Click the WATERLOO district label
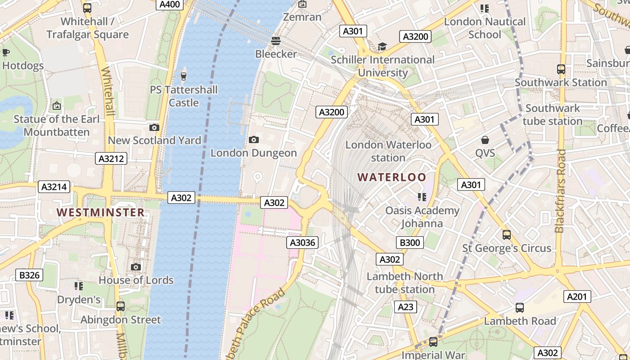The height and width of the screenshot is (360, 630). [x=391, y=177]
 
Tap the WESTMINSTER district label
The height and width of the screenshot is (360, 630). [x=100, y=212]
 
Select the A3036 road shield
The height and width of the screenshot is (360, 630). [x=303, y=243]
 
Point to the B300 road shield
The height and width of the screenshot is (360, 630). [x=410, y=243]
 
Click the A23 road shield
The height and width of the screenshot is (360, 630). [x=405, y=307]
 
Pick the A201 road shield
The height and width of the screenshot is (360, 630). [x=577, y=297]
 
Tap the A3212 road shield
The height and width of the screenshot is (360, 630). [x=111, y=158]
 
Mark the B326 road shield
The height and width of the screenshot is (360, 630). [x=29, y=275]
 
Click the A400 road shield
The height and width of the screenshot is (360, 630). [x=170, y=4]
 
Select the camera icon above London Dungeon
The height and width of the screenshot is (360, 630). [x=254, y=140]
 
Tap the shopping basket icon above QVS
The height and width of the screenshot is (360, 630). [x=485, y=140]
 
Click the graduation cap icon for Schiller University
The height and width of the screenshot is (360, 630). [x=382, y=46]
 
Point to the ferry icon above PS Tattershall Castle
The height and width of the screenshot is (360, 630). [x=183, y=76]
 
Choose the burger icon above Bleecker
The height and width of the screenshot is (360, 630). [x=276, y=41]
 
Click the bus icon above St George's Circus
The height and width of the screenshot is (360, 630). [x=507, y=235]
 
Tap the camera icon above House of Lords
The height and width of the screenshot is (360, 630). [x=136, y=267]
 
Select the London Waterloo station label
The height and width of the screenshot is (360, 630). [x=388, y=151]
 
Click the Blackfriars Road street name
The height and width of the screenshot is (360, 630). [x=561, y=191]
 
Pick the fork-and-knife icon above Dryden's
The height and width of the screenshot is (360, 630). [x=79, y=286]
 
